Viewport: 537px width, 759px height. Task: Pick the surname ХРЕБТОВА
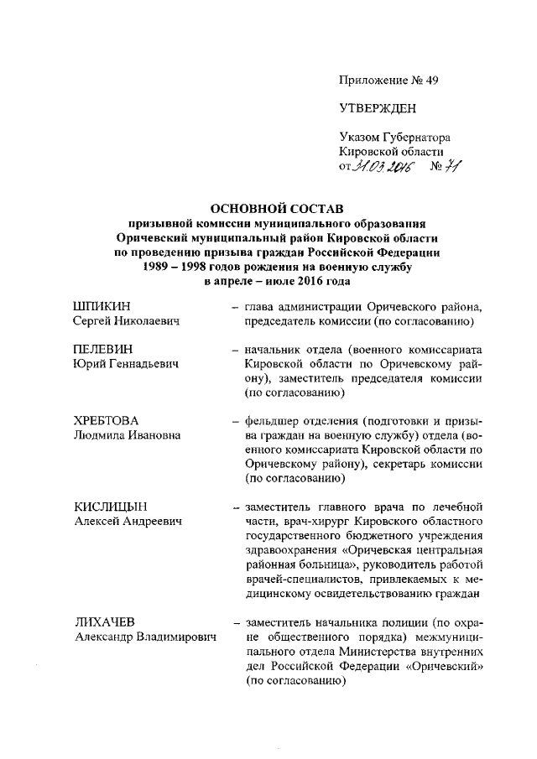pos(106,419)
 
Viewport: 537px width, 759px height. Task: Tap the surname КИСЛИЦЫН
pos(110,506)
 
